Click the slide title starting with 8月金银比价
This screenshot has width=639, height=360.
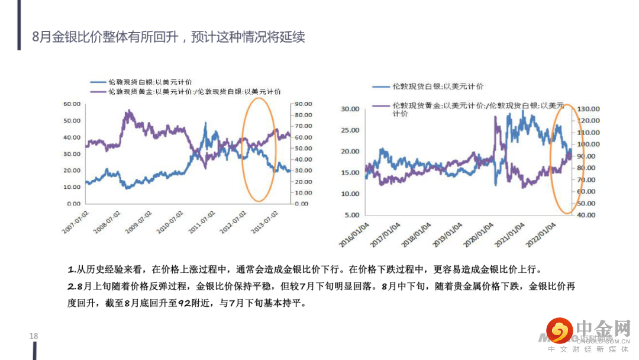pyautogui.click(x=169, y=38)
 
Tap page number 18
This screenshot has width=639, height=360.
pyautogui.click(x=34, y=336)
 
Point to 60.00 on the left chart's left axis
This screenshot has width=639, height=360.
pyautogui.click(x=72, y=104)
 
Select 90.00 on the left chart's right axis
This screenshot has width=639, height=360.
pyautogui.click(x=304, y=104)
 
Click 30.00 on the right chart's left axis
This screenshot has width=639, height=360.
pyautogui.click(x=351, y=109)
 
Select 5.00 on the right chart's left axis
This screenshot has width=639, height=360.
pyautogui.click(x=353, y=216)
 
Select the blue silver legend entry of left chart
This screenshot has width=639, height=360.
pyautogui.click(x=150, y=82)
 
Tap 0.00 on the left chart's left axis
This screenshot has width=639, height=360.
pyautogui.click(x=74, y=204)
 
